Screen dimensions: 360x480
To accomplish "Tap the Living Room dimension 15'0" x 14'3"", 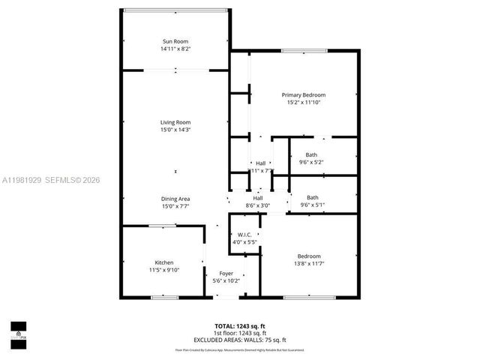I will coord(175,130).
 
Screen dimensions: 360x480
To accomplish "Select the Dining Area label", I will coord(175,198).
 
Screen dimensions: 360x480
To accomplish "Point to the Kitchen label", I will coord(164,262).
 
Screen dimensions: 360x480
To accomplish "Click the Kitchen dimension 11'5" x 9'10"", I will coord(164,270).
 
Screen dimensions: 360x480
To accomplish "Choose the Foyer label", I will coord(226,273).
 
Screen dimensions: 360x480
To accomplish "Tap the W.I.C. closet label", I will coord(244,235).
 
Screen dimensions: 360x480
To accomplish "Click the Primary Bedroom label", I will coord(303,94).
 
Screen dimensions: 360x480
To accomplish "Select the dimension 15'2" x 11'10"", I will coord(303,102).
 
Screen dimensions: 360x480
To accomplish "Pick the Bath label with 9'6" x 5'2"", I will coord(311,154).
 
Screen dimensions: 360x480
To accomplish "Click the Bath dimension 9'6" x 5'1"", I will coord(311,205).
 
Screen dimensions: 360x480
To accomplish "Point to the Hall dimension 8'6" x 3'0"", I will coord(257,205).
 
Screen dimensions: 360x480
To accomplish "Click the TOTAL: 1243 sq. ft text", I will coord(240,326).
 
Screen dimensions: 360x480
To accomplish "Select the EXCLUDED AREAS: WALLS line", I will coord(240,340).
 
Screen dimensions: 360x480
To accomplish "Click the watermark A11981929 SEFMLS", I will coord(50,180).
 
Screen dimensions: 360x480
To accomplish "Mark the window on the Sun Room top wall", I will coord(175,10).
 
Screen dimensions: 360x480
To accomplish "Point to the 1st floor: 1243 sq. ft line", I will coord(240,333).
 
